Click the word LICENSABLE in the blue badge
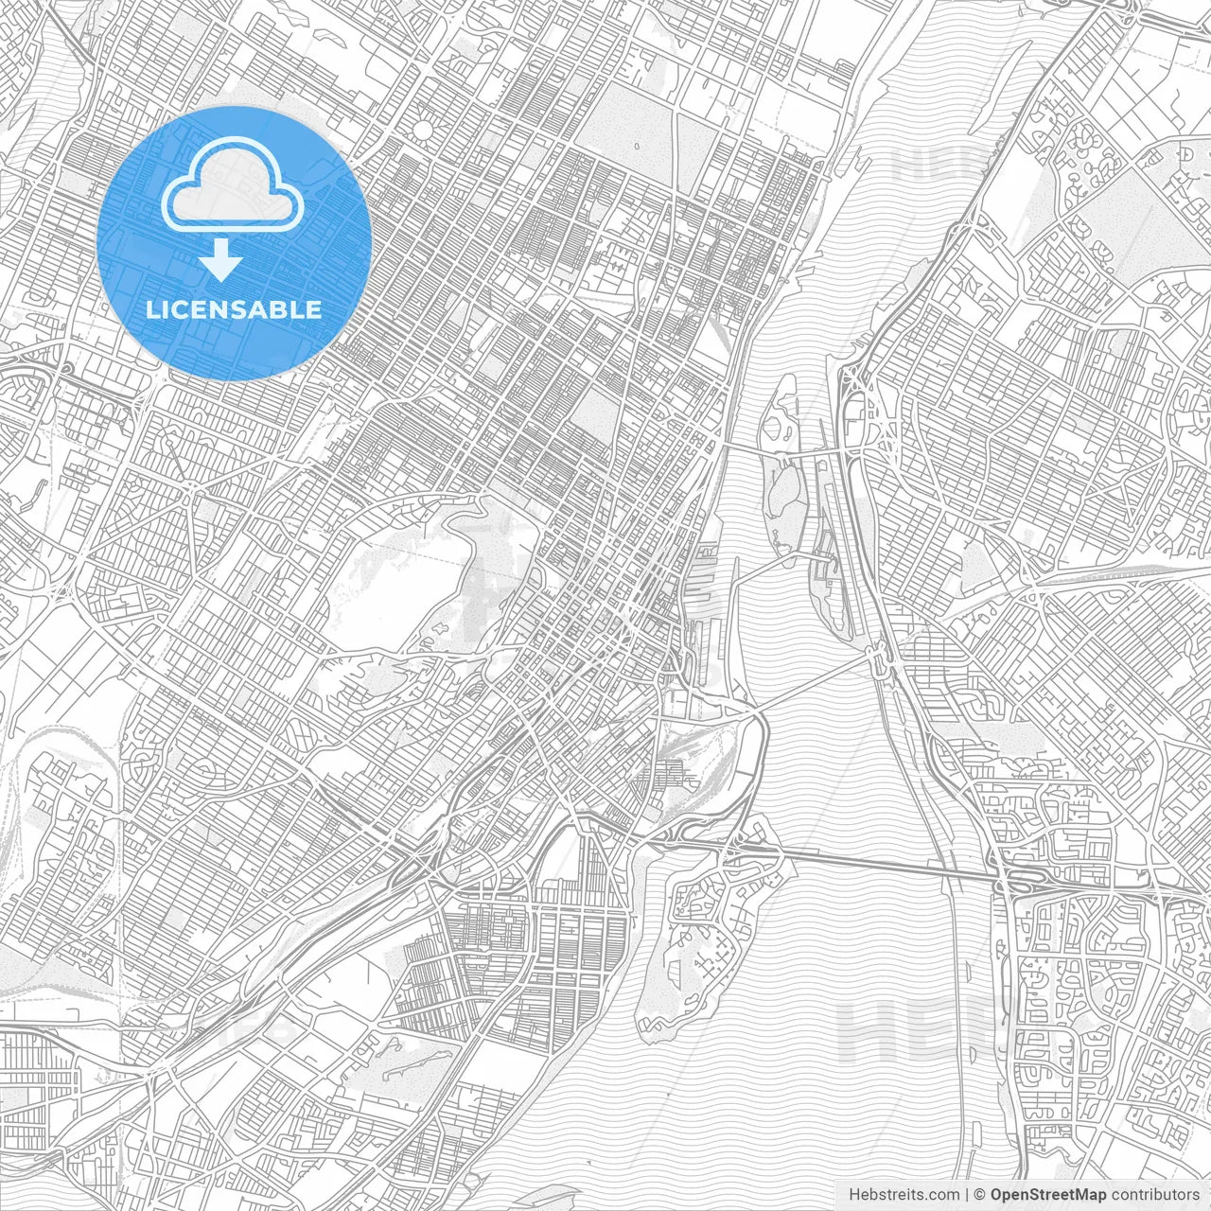click(234, 309)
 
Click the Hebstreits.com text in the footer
click(904, 1195)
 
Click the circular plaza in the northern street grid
click(423, 130)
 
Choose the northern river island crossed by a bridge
click(781, 473)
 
